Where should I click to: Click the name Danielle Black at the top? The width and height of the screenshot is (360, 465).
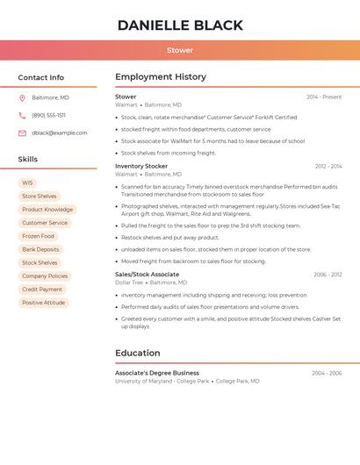pyautogui.click(x=180, y=25)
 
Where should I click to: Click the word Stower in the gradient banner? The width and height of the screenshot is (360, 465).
pyautogui.click(x=180, y=50)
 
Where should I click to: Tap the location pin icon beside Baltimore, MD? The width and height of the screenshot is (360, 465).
pyautogui.click(x=22, y=97)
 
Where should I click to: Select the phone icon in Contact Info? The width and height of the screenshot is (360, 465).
pyautogui.click(x=22, y=115)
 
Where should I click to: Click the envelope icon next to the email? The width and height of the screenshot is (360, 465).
pyautogui.click(x=22, y=132)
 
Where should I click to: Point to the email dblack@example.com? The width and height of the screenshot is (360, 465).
pyautogui.click(x=60, y=132)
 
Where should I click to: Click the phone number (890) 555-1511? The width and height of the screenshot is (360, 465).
pyautogui.click(x=48, y=115)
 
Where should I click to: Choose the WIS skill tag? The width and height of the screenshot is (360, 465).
pyautogui.click(x=27, y=183)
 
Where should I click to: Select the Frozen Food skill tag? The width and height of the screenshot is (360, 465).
pyautogui.click(x=38, y=236)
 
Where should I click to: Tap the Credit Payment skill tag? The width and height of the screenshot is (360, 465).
pyautogui.click(x=42, y=290)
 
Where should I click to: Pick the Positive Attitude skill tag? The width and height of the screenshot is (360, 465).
pyautogui.click(x=43, y=303)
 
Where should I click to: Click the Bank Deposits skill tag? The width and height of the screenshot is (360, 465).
pyautogui.click(x=40, y=249)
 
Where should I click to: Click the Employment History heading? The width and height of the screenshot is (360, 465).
pyautogui.click(x=161, y=76)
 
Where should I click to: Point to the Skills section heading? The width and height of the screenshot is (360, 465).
pyautogui.click(x=28, y=160)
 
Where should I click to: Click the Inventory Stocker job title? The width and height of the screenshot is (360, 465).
pyautogui.click(x=141, y=166)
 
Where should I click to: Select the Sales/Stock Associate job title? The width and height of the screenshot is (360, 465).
pyautogui.click(x=147, y=275)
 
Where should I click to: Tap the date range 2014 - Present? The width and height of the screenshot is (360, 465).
pyautogui.click(x=324, y=97)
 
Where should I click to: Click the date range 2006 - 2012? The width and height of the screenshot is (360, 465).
pyautogui.click(x=328, y=275)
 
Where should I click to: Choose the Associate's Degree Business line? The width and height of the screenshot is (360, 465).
pyautogui.click(x=157, y=373)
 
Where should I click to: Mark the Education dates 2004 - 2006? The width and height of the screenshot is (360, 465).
pyautogui.click(x=327, y=373)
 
